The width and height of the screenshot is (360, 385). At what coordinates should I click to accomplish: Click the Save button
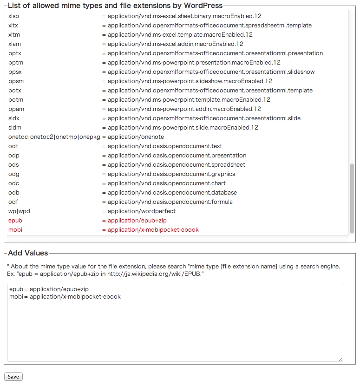[x=13, y=376]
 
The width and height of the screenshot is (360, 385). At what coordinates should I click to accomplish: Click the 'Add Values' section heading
[x=28, y=253]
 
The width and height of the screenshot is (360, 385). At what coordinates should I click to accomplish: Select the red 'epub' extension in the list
[x=15, y=221]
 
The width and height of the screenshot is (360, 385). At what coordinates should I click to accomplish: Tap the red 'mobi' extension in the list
[x=15, y=230]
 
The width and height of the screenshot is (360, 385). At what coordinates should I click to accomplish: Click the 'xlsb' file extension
[x=14, y=16]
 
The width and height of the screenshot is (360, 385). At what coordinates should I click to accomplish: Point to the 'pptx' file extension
[x=15, y=53]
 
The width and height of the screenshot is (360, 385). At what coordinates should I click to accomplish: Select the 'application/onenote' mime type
[x=136, y=137]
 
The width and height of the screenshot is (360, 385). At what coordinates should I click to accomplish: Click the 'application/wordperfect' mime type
[x=141, y=211]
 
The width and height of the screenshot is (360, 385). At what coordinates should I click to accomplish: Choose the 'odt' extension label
[x=13, y=146]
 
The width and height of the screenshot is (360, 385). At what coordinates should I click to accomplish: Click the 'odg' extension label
[x=14, y=174]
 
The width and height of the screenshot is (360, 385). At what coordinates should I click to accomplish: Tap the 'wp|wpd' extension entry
[x=19, y=211]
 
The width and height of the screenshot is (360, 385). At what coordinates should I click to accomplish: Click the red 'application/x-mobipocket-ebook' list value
[x=153, y=230]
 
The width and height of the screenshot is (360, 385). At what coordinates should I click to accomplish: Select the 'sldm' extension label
[x=14, y=128]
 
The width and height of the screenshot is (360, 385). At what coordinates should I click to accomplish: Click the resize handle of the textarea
[x=340, y=359]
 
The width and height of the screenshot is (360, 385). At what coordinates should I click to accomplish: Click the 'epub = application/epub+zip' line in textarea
[x=49, y=289]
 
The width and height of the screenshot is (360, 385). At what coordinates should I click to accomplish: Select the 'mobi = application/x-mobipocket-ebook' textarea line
[x=65, y=296]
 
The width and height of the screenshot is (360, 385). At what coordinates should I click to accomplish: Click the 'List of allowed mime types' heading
[x=115, y=6]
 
